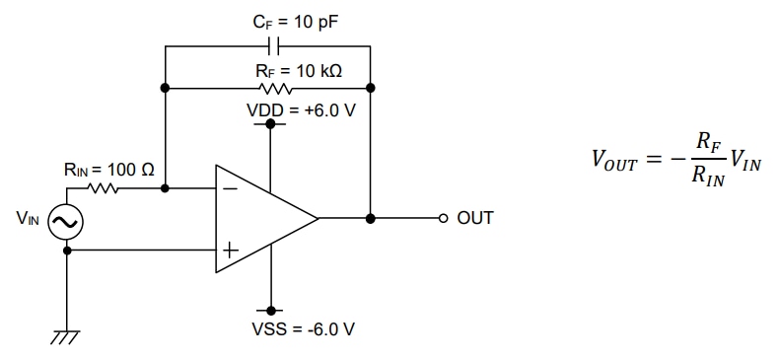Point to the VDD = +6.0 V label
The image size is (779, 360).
300,109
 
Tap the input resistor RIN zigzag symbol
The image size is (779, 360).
102,187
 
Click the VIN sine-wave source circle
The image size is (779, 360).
66,224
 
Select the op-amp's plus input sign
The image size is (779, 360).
229,250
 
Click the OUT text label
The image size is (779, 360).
474,218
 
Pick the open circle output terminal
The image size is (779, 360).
443,218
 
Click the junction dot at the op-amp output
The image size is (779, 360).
370,218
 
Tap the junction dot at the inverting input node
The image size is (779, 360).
165,187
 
